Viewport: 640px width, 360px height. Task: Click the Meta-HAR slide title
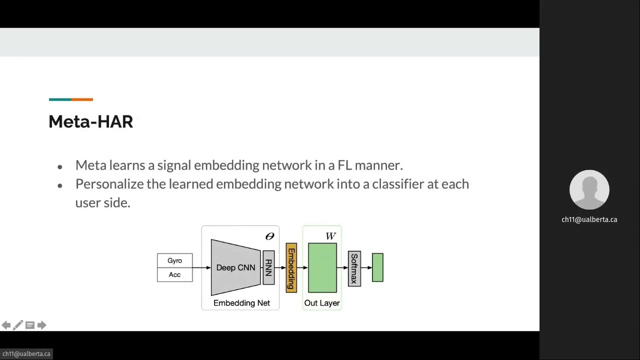[90, 121]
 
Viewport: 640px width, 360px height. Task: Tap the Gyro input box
[174, 260]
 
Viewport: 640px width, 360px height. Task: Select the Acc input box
[174, 274]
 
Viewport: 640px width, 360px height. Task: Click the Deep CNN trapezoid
[235, 267]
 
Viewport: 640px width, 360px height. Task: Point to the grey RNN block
[268, 267]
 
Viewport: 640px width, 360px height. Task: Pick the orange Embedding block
[291, 268]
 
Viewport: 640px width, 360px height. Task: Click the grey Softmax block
[354, 268]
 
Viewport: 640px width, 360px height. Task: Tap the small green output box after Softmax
[377, 267]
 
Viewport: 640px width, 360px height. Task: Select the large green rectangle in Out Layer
[322, 267]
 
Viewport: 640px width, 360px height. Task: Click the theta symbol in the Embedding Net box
[269, 236]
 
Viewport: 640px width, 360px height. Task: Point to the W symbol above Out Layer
[330, 236]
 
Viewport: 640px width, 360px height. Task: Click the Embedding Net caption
[241, 303]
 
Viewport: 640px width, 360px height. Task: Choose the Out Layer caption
[322, 303]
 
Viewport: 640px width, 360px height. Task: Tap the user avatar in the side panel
[589, 190]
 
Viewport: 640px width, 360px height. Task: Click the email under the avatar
[589, 219]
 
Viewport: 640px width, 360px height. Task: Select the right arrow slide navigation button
[42, 325]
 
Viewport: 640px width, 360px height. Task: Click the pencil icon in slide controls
[17, 325]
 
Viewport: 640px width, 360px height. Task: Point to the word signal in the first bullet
[174, 165]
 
